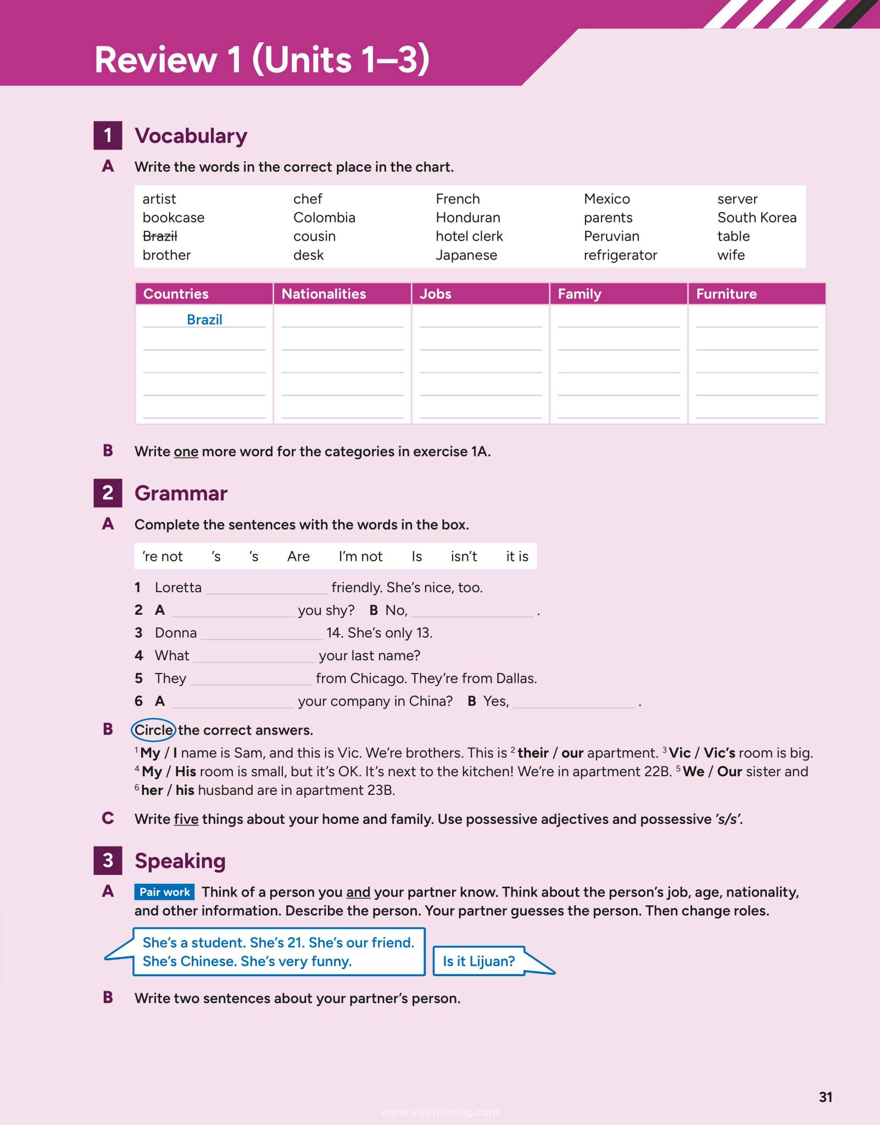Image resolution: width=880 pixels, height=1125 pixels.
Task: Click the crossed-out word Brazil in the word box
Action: point(160,236)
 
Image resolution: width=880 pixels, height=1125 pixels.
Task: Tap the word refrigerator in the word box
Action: point(620,255)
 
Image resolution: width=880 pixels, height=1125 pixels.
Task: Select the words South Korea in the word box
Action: point(756,218)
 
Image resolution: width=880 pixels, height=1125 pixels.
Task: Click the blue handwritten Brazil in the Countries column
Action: point(204,320)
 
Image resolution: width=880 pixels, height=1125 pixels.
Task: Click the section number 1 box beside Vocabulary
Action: point(108,135)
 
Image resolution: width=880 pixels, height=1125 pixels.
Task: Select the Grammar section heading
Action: point(181,493)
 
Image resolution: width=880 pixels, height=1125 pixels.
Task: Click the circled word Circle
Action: point(153,730)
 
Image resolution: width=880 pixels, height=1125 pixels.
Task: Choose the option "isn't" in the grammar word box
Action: point(464,556)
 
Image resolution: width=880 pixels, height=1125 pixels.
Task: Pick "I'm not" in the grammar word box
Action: point(360,556)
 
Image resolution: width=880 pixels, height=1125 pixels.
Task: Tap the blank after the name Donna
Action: point(261,634)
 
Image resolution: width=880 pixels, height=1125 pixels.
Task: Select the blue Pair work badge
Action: point(164,892)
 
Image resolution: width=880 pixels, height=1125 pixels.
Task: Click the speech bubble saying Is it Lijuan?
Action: point(479,961)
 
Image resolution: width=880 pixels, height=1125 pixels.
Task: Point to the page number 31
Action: point(826,1097)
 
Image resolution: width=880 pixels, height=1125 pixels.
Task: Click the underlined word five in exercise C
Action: point(186,819)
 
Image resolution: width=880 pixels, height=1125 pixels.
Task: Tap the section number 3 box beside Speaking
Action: point(108,860)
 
